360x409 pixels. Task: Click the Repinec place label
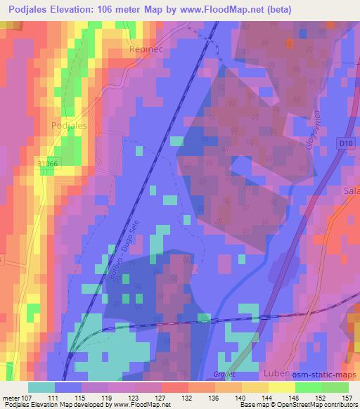pyautogui.click(x=145, y=51)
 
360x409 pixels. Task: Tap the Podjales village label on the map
pyautogui.click(x=69, y=125)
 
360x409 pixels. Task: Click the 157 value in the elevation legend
pyautogui.click(x=346, y=398)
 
